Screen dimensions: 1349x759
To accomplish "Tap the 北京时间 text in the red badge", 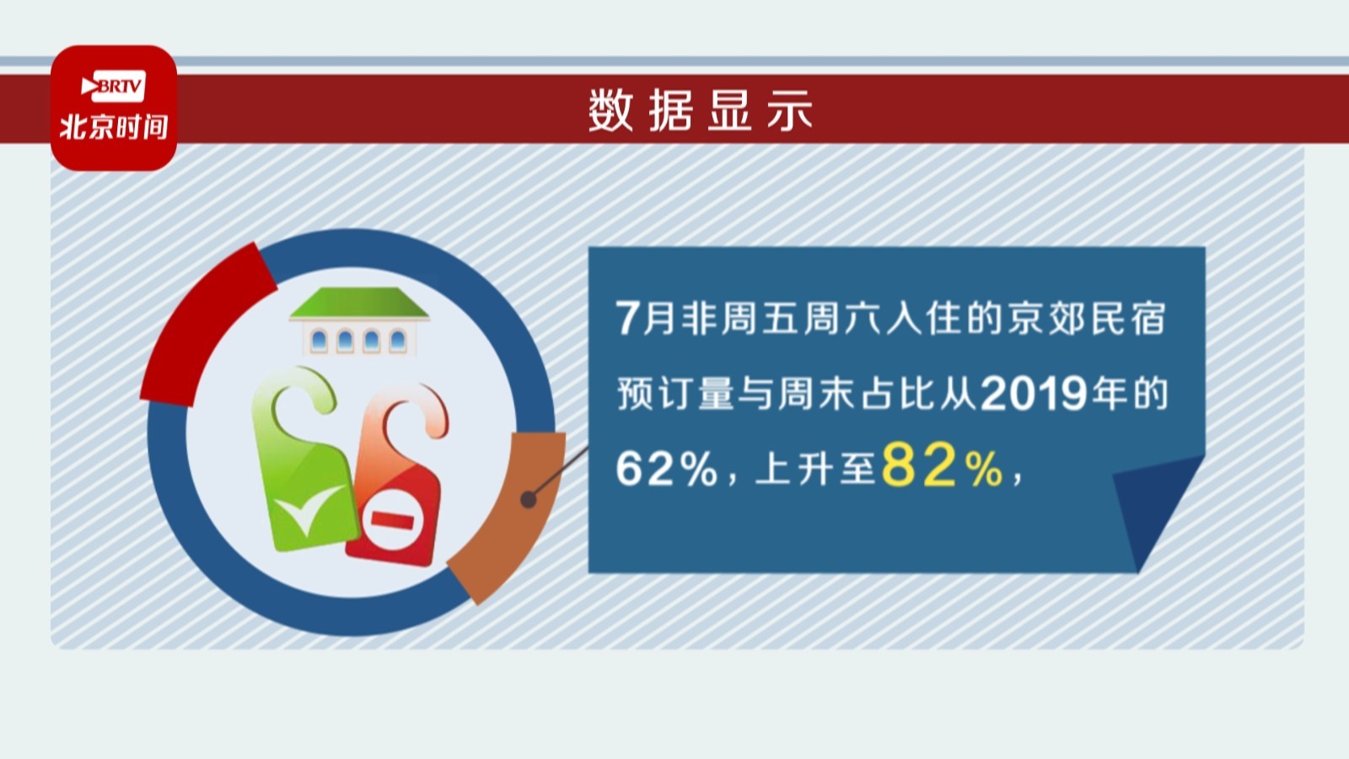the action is tap(114, 127).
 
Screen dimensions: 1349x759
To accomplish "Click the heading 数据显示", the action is tap(700, 110).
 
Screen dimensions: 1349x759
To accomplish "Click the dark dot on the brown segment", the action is tap(528, 499).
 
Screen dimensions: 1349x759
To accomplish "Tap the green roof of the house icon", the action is tap(359, 303).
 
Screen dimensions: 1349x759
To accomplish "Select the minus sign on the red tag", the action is tap(392, 519).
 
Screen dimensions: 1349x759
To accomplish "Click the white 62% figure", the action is tap(666, 469).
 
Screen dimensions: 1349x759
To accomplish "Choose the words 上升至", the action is tap(814, 469).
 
